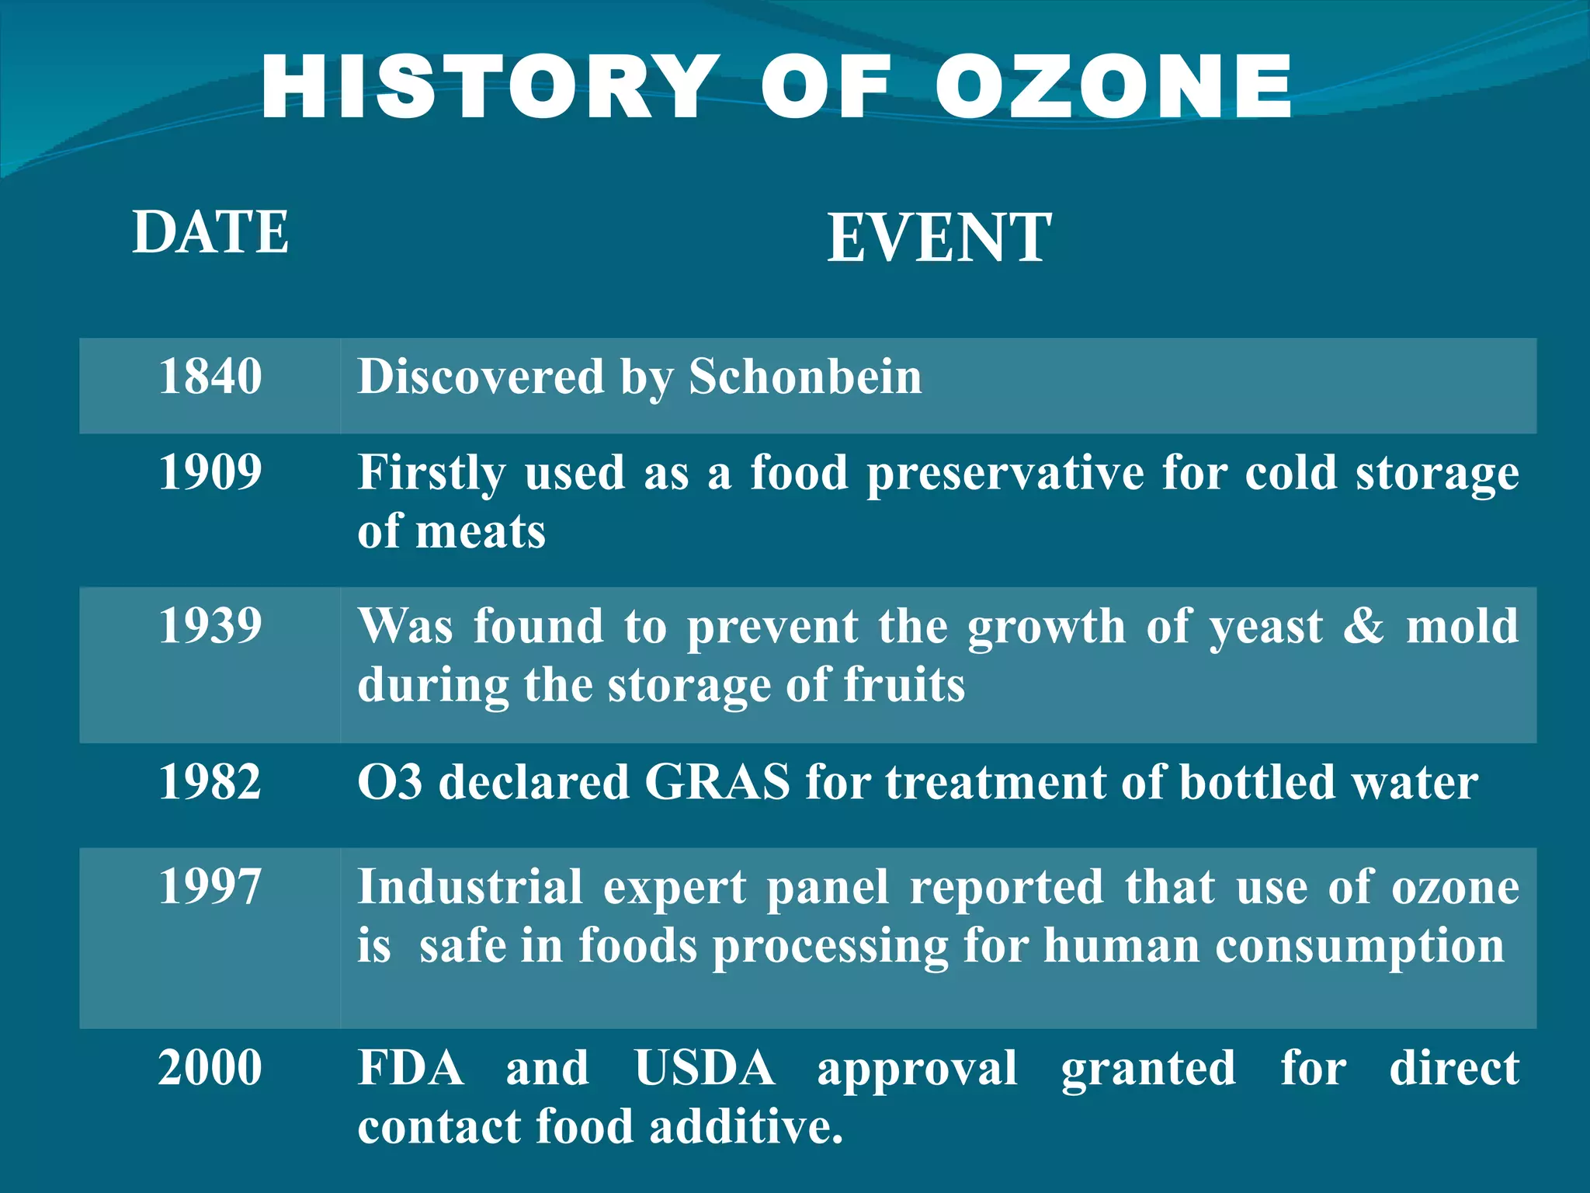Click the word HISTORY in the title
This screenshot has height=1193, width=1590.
(x=488, y=87)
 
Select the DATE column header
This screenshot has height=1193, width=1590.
(x=210, y=232)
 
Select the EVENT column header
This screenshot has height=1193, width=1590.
(x=939, y=238)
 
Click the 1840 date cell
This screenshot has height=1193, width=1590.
(x=210, y=377)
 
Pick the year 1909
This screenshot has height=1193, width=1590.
(x=210, y=472)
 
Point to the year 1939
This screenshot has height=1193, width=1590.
(x=210, y=626)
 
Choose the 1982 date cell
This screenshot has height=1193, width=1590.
(x=210, y=781)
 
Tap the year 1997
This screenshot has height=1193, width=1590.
(x=210, y=886)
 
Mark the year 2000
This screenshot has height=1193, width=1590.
(x=210, y=1067)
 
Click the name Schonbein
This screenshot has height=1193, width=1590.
(x=805, y=377)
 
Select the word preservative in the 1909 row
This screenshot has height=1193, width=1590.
(x=1005, y=474)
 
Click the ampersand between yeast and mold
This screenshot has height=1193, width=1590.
(x=1364, y=626)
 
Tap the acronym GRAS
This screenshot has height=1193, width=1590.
(x=717, y=781)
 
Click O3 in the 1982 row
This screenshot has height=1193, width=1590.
(x=390, y=781)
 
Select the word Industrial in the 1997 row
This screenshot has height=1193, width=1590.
(x=470, y=886)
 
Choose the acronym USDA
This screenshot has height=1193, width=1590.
(x=704, y=1068)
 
